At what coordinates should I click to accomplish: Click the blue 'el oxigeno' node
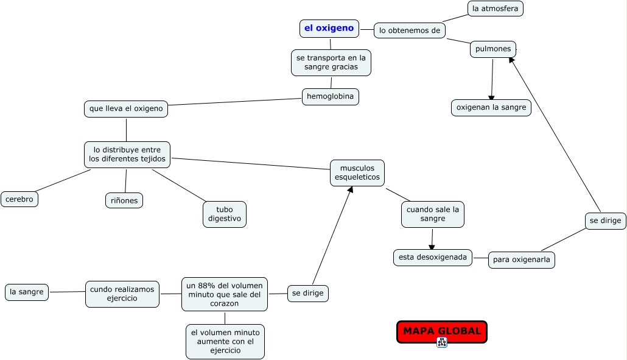pyautogui.click(x=329, y=29)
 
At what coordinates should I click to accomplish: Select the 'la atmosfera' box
pyautogui.click(x=495, y=9)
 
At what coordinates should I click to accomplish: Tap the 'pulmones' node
pyautogui.click(x=493, y=49)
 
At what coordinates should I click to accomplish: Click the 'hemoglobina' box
pyautogui.click(x=331, y=96)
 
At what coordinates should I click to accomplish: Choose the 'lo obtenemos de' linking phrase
pyautogui.click(x=410, y=30)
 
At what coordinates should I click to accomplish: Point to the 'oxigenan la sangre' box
pyautogui.click(x=491, y=108)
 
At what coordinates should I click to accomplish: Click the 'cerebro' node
pyautogui.click(x=19, y=199)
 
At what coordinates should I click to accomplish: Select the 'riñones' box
pyautogui.click(x=124, y=200)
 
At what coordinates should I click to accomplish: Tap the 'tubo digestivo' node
pyautogui.click(x=225, y=214)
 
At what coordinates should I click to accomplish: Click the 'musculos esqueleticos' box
pyautogui.click(x=357, y=173)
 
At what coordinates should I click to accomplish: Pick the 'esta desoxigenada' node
pyautogui.click(x=432, y=258)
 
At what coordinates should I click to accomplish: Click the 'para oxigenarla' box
pyautogui.click(x=522, y=260)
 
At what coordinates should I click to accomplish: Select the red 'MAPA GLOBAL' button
pyautogui.click(x=442, y=331)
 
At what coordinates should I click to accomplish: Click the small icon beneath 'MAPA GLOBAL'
pyautogui.click(x=442, y=342)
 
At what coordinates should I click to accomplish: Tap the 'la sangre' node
pyautogui.click(x=26, y=292)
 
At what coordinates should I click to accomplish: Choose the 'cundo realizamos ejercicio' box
pyautogui.click(x=122, y=294)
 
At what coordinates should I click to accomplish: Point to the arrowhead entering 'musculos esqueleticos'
pyautogui.click(x=350, y=189)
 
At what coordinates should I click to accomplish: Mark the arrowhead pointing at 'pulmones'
pyautogui.click(x=511, y=60)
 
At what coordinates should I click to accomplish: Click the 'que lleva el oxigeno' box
pyautogui.click(x=126, y=109)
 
